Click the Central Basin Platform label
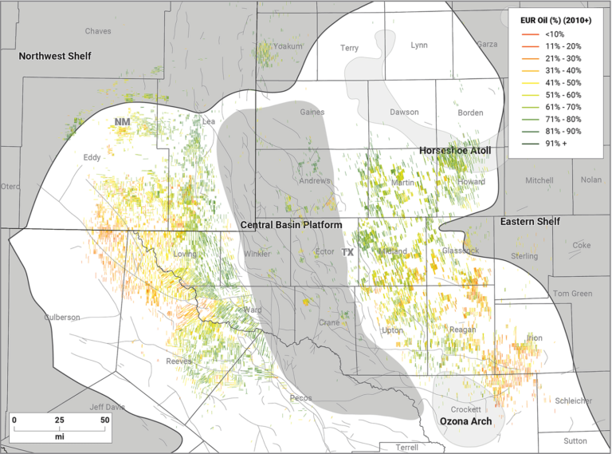[x=291, y=226]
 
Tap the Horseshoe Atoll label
[x=455, y=150]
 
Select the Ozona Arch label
[x=465, y=420]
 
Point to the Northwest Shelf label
[x=55, y=56]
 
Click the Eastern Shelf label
[x=530, y=221]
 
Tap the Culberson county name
[x=61, y=317]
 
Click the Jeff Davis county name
[x=107, y=406]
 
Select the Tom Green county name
[x=572, y=294]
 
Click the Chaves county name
[x=98, y=31]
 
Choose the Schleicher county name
[x=573, y=401]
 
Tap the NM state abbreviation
[x=122, y=122]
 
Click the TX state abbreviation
[x=347, y=252]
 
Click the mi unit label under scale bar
[x=59, y=436]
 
